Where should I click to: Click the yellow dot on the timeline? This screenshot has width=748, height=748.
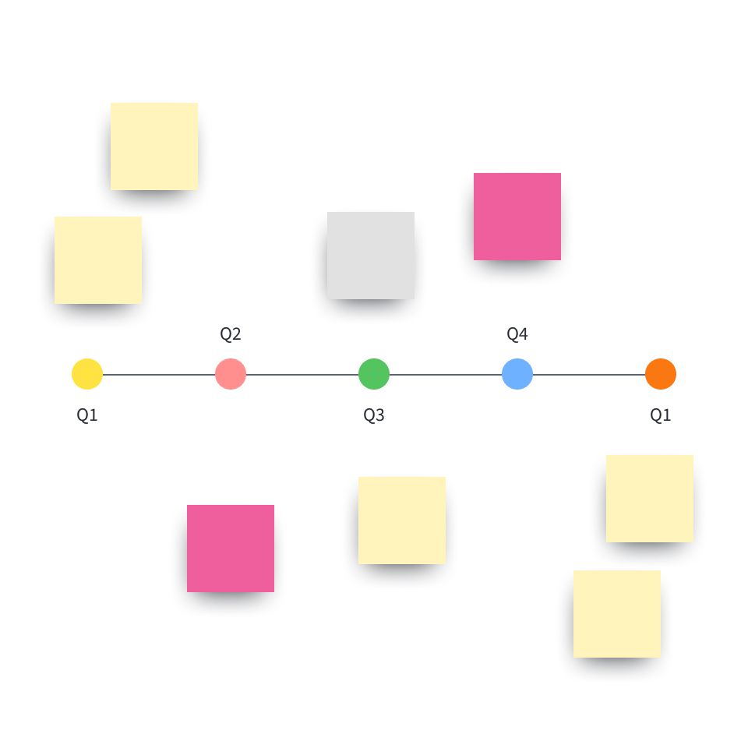pos(87,374)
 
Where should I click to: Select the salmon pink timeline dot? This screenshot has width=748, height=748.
pos(231,374)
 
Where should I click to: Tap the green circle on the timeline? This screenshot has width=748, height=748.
pos(374,374)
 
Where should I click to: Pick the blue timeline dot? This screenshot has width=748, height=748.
pos(517,374)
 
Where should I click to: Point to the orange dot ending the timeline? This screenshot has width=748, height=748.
pos(661,374)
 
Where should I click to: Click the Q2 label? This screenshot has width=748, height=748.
pos(231,334)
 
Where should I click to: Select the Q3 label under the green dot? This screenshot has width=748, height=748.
pos(374,415)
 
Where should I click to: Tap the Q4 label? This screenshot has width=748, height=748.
pos(517,334)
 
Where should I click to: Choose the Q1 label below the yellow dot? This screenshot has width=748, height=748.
pos(87,415)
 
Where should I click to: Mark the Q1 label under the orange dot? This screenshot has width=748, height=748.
pos(661,415)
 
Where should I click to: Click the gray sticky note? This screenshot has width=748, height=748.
pos(371,256)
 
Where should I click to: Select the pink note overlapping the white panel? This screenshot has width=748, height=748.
pos(517,217)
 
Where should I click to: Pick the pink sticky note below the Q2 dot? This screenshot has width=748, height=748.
pos(231,549)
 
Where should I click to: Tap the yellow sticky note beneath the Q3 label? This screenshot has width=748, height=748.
pos(402,520)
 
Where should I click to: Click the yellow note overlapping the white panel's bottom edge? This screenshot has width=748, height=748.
pos(650,499)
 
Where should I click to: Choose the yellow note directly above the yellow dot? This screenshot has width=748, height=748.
pos(98,260)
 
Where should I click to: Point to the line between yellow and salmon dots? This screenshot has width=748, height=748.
pos(159,375)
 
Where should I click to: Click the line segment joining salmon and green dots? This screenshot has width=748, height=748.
pos(302,375)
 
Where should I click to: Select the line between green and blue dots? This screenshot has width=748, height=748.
pos(446,375)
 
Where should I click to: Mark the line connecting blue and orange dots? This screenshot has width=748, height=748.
pos(589,375)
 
